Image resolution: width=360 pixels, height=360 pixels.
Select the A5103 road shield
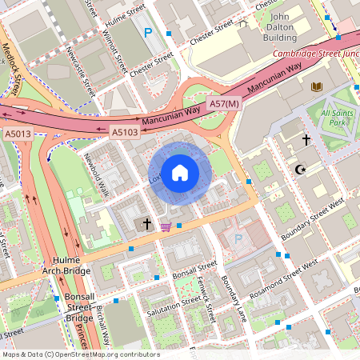[124, 132]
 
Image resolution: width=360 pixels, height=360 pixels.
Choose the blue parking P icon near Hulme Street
[148, 34]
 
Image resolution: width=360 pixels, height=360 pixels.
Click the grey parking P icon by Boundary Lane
[237, 238]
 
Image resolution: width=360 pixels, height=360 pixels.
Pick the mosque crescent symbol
[301, 170]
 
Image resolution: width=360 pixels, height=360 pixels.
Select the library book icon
[317, 86]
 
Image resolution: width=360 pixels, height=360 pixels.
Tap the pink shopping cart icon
[166, 227]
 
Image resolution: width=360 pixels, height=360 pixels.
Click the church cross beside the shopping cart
[146, 224]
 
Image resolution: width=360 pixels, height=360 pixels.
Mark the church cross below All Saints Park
[306, 140]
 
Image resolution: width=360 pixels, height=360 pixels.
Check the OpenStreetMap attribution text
[80, 354]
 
